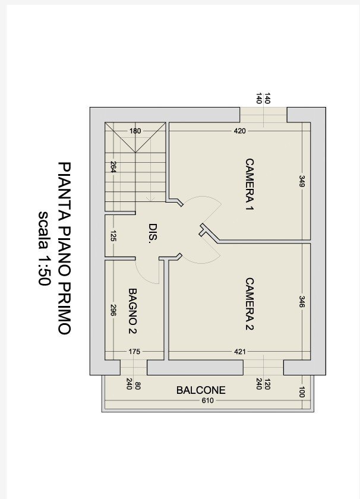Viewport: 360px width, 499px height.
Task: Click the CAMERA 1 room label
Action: click(x=250, y=185)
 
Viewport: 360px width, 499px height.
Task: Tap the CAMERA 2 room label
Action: click(x=250, y=305)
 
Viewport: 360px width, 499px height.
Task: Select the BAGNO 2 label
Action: click(x=132, y=311)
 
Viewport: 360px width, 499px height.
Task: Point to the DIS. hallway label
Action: click(x=153, y=233)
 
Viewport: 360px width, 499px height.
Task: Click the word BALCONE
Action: click(x=201, y=390)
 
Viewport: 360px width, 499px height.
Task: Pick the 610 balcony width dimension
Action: click(x=207, y=400)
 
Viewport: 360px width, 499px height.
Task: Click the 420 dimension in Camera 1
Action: click(x=239, y=131)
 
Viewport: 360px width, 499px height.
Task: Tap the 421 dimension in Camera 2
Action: click(x=239, y=352)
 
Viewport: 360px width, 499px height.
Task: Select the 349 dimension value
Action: click(x=302, y=181)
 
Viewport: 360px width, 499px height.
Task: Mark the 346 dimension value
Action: click(x=302, y=302)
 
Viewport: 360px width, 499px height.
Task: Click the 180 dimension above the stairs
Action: click(x=135, y=131)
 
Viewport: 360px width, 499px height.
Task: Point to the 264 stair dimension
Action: click(x=113, y=167)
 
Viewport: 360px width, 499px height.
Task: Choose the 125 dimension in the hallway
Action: click(x=113, y=236)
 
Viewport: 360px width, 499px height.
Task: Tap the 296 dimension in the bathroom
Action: click(x=113, y=310)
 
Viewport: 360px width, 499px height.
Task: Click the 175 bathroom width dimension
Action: click(x=134, y=352)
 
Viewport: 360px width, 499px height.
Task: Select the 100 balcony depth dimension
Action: click(x=302, y=392)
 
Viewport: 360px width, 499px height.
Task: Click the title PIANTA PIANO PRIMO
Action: click(x=64, y=248)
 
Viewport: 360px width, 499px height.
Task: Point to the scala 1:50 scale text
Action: click(x=44, y=248)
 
